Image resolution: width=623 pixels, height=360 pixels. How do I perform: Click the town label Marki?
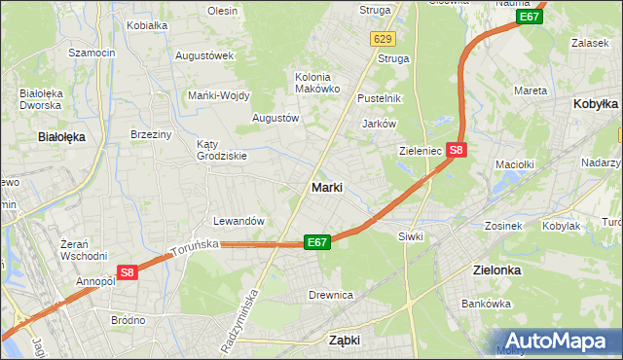326,187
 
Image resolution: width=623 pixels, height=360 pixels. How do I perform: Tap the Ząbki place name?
345,341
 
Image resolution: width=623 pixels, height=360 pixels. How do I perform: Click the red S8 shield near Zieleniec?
458,150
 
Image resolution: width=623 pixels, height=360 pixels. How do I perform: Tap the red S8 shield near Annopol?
128,273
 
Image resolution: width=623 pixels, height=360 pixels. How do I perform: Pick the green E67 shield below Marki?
316,242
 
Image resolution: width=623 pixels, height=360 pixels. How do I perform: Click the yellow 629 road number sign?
382,39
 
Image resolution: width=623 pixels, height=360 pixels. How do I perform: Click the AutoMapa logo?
556,341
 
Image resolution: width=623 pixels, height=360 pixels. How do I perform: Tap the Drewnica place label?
330,294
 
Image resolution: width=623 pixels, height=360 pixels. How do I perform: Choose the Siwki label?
409,236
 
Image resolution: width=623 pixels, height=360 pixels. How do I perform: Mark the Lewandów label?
239,221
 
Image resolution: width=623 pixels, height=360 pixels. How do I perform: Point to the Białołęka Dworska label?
41,99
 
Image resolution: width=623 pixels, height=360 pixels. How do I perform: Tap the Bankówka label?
487,304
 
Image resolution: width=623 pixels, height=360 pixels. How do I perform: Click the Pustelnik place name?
380,98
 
